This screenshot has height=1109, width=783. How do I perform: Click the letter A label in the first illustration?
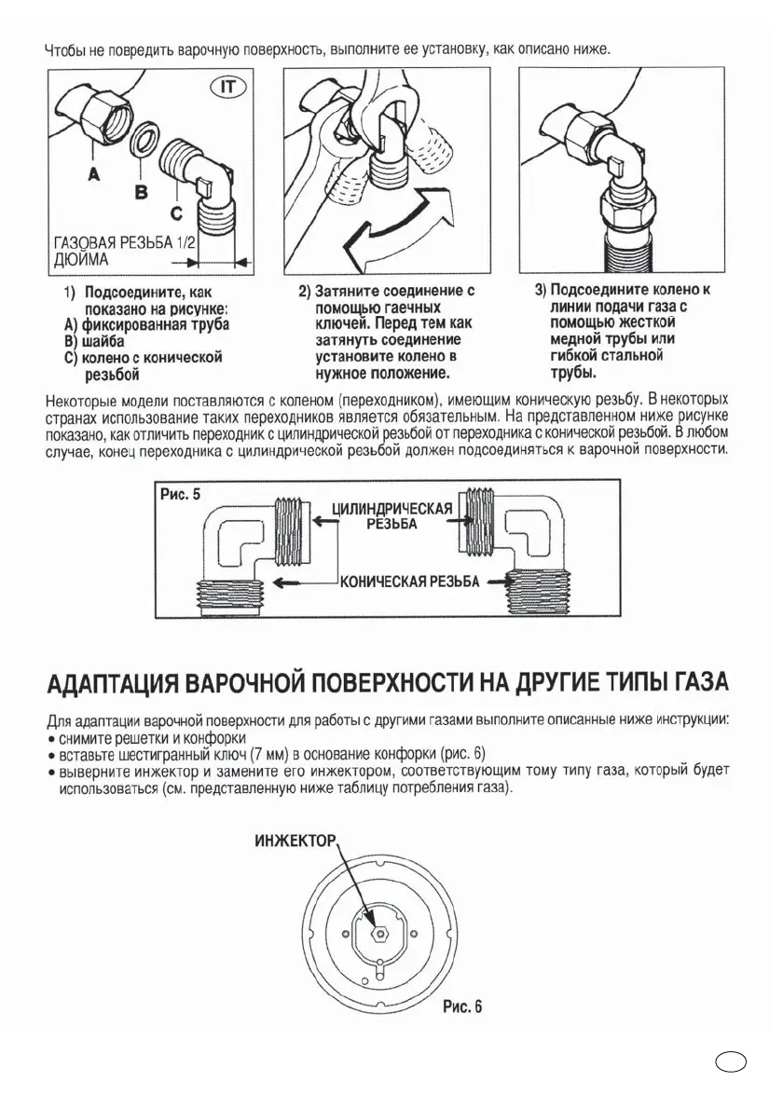(93, 174)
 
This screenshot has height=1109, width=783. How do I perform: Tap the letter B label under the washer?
(141, 193)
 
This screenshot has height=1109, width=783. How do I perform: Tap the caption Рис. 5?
(180, 494)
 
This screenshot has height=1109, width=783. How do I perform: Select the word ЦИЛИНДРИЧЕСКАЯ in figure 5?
(392, 509)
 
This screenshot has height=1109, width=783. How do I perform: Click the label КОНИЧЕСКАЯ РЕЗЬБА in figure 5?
(409, 582)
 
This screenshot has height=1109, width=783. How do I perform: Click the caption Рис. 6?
(462, 1006)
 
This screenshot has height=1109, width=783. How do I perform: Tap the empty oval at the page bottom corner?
(730, 1062)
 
